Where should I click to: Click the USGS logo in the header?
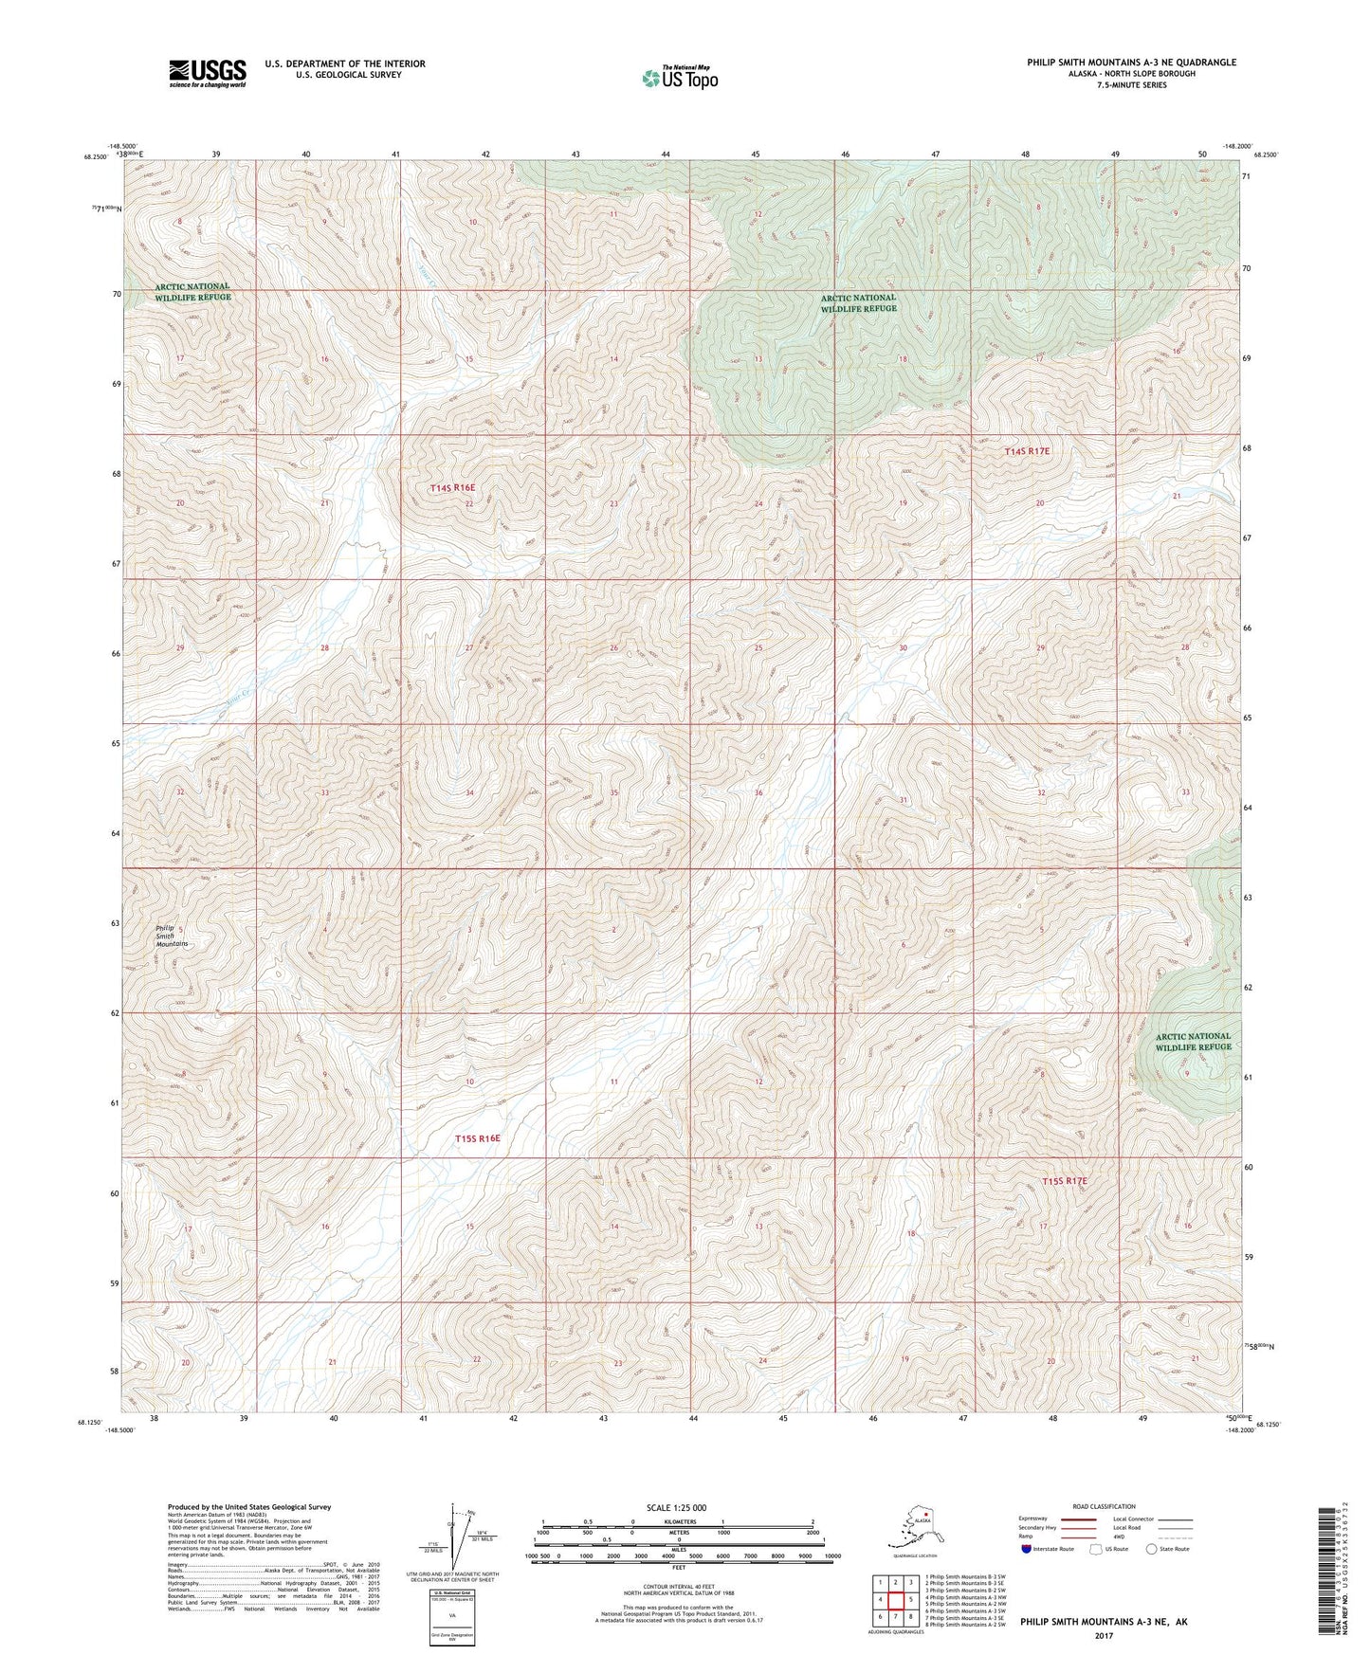pyautogui.click(x=208, y=73)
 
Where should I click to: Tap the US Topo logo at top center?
pyautogui.click(x=679, y=78)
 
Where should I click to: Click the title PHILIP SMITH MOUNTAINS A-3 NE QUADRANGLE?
pyautogui.click(x=1131, y=63)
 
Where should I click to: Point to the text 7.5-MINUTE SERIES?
pyautogui.click(x=1131, y=85)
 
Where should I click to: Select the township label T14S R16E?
pyautogui.click(x=452, y=487)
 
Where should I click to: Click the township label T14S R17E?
pyautogui.click(x=1027, y=452)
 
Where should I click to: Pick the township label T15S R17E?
pyautogui.click(x=1064, y=1181)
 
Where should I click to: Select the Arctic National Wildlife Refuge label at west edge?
pyautogui.click(x=192, y=292)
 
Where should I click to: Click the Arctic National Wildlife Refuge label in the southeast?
pyautogui.click(x=1193, y=1041)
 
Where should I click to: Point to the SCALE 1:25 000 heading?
pyautogui.click(x=678, y=1507)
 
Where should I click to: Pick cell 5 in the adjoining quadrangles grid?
pyautogui.click(x=910, y=1599)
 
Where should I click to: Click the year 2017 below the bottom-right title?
pyautogui.click(x=1103, y=1635)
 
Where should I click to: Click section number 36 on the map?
pyautogui.click(x=758, y=792)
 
